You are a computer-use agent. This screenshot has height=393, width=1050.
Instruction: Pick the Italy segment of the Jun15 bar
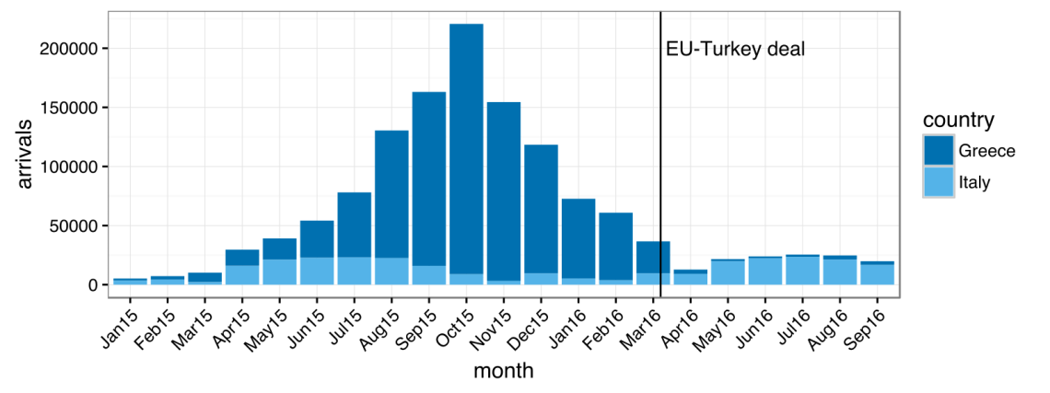point(317,271)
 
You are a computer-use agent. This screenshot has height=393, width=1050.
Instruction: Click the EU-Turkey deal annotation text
point(735,50)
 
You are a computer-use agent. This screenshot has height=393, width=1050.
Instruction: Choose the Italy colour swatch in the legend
point(939,182)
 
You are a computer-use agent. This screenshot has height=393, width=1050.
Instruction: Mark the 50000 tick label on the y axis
point(77,226)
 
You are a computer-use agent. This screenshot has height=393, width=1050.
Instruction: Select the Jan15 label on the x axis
point(117,328)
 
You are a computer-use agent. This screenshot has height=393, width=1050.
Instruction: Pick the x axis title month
point(503,371)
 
